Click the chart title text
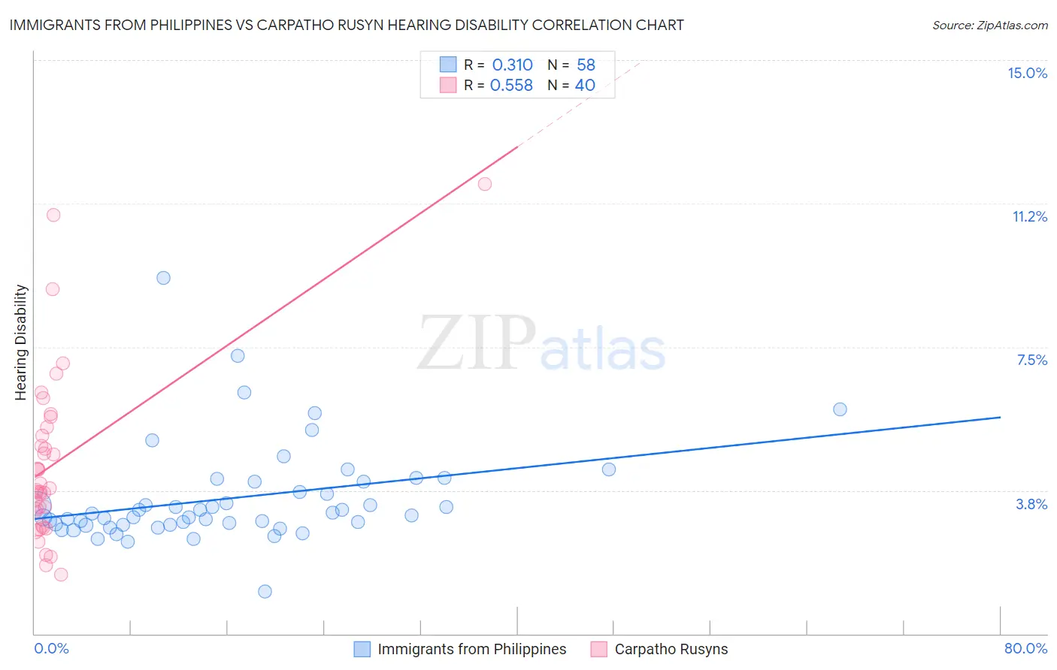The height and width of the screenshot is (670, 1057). coord(347,25)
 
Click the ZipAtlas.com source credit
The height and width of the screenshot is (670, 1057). coord(989,25)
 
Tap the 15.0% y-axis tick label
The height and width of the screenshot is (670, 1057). coord(1027,73)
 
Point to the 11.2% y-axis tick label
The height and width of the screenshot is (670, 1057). coord(1029,216)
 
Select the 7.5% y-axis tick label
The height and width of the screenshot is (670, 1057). coord(1031,360)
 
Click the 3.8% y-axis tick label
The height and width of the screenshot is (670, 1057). coord(1031,504)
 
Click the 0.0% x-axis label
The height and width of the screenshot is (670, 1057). coord(51,648)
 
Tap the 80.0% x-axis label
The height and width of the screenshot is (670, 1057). coord(1025,648)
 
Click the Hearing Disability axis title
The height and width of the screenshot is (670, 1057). coord(21,342)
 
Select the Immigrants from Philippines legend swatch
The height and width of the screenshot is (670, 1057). coord(362,649)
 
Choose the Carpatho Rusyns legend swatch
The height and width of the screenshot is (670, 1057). coord(599,649)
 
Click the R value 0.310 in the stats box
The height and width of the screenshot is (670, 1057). coord(512,65)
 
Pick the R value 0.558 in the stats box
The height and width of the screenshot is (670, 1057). coord(511,86)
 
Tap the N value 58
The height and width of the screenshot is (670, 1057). coord(586,65)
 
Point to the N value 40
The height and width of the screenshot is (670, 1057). coord(585,86)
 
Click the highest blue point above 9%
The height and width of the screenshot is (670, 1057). coord(163,278)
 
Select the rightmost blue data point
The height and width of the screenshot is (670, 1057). coord(840,409)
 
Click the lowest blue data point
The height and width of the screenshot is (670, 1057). coord(265,591)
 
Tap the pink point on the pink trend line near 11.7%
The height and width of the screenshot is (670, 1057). coord(485,184)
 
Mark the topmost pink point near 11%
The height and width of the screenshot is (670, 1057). coord(53,215)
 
